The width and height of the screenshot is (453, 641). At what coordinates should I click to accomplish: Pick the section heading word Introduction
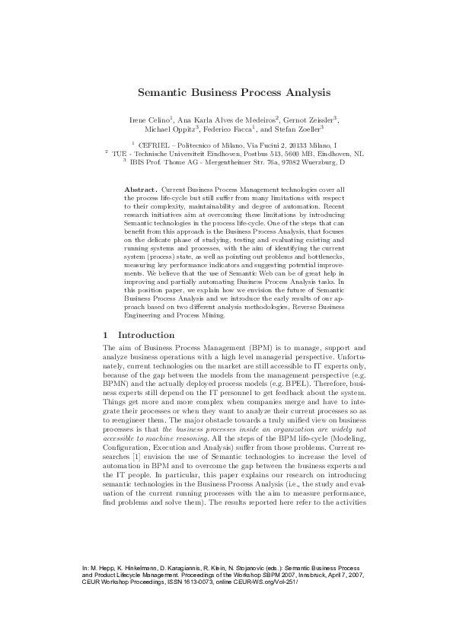click(142, 335)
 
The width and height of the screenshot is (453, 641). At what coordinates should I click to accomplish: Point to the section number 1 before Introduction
click(105, 335)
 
